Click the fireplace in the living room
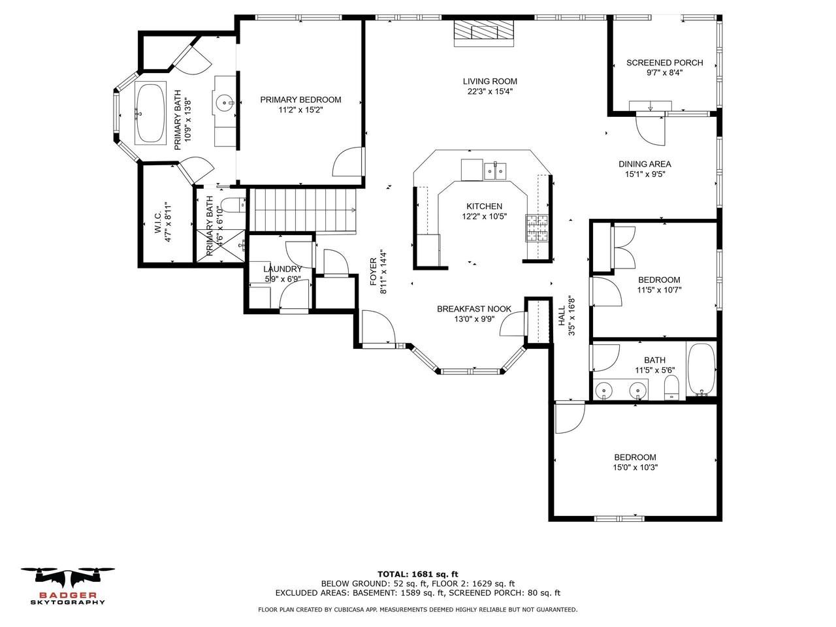coord(483,33)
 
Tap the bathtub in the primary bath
coord(150,113)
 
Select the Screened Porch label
coord(664,63)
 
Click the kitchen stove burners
coord(537,228)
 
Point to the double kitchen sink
coord(495,171)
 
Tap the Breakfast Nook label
coord(474,309)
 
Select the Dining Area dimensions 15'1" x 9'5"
coord(645,174)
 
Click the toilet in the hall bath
coord(671,387)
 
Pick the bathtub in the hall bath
coord(701,369)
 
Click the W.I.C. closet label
coord(158,227)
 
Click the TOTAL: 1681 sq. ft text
coord(417,574)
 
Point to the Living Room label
coord(490,82)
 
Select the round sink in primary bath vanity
coord(224,103)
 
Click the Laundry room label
coord(282,269)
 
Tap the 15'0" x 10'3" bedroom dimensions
coord(635,468)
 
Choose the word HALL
coord(562,315)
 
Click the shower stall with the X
coord(221,245)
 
